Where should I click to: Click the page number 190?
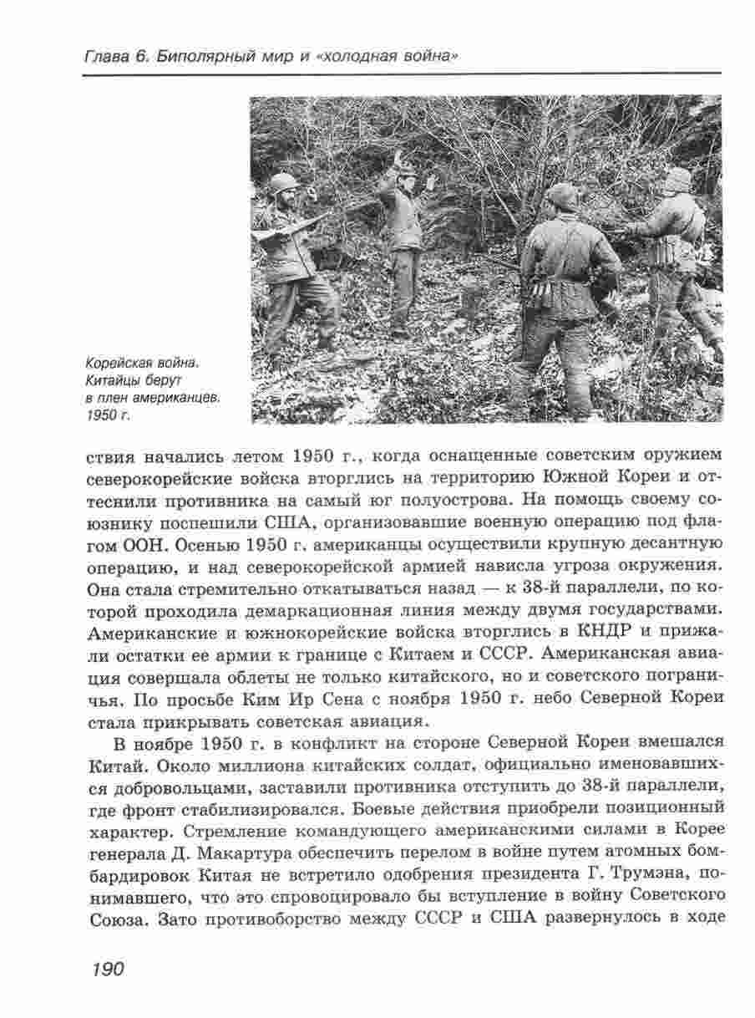tap(104, 969)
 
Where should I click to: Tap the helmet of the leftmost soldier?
tap(284, 183)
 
